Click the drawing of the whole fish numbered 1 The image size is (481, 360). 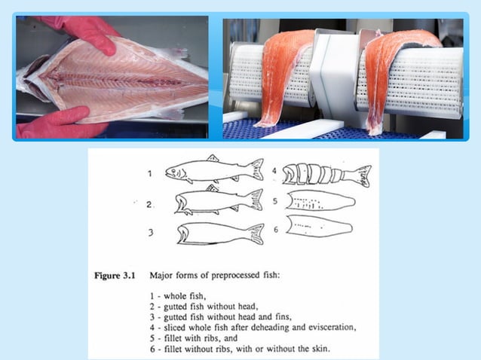pyautogui.click(x=213, y=170)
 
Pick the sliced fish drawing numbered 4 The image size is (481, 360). pyautogui.click(x=326, y=175)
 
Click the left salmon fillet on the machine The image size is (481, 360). pyautogui.click(x=282, y=75)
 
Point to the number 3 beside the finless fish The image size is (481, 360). pyautogui.click(x=150, y=233)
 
